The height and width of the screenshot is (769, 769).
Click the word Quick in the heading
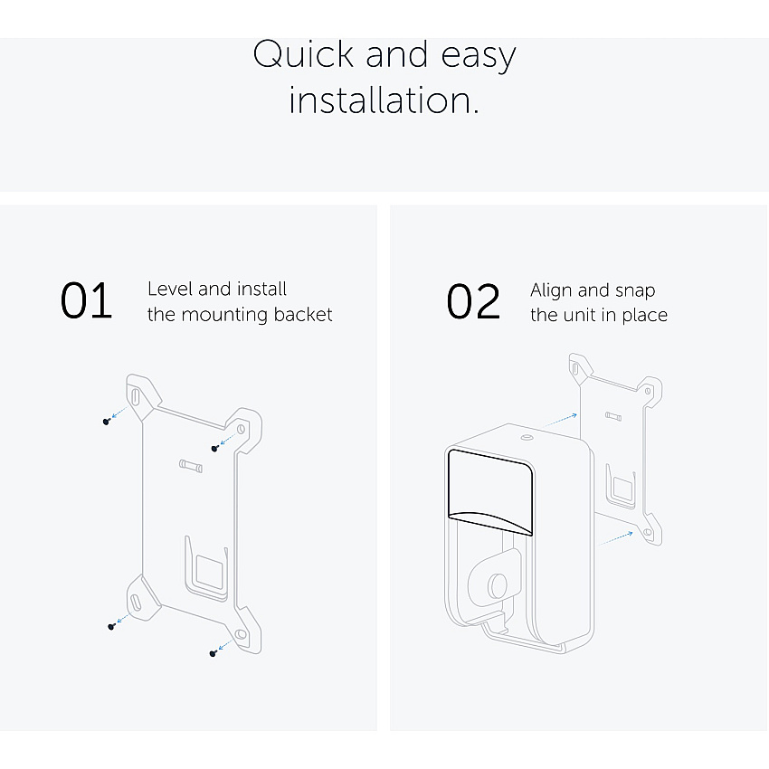(302, 54)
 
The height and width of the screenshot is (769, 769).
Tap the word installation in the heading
(384, 100)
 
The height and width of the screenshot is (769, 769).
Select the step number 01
(86, 300)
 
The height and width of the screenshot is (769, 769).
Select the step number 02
(473, 301)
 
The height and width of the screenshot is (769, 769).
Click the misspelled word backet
(303, 314)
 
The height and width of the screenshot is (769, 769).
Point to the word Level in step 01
(170, 289)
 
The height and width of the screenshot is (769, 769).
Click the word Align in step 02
(551, 290)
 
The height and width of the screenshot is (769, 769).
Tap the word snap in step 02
(635, 291)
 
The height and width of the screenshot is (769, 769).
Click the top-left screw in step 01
(107, 422)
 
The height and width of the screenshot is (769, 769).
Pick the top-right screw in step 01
(214, 448)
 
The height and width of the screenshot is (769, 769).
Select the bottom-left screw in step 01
(111, 626)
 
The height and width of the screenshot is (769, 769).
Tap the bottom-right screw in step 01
(213, 653)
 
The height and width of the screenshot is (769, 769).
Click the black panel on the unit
(490, 491)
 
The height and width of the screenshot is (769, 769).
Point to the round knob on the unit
(497, 584)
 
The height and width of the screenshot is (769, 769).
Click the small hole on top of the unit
(527, 438)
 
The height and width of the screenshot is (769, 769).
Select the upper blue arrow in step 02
(561, 421)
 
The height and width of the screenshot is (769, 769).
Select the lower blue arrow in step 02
(615, 538)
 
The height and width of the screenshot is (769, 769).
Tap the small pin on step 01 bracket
(191, 465)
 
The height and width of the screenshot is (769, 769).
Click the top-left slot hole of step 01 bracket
(136, 396)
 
